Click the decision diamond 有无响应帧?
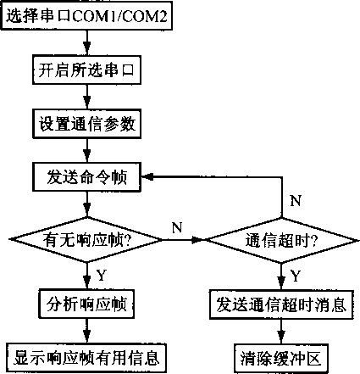pyautogui.click(x=86, y=240)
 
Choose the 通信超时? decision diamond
pyautogui.click(x=281, y=240)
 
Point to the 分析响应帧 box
pyautogui.click(x=86, y=300)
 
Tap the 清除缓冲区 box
pyautogui.click(x=281, y=354)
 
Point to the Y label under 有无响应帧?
pyautogui.click(x=101, y=275)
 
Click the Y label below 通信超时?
pyautogui.click(x=296, y=275)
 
